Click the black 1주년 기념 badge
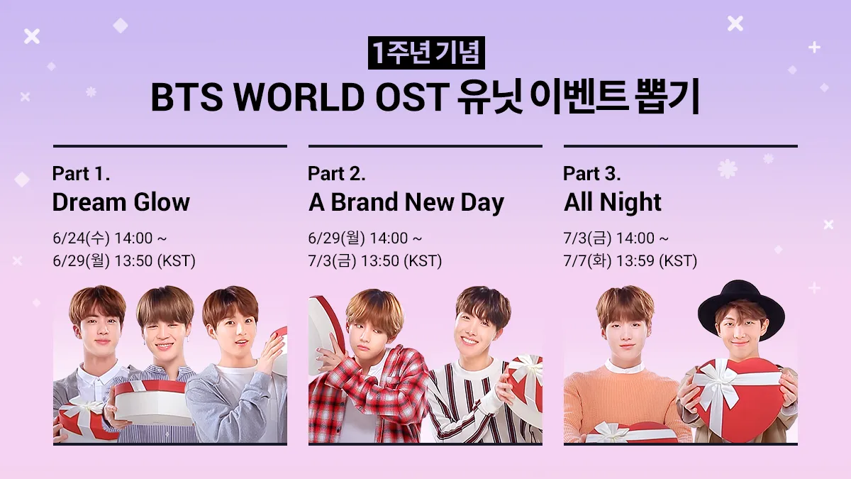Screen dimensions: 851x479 coord(426,53)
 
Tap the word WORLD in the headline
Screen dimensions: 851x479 coord(299,97)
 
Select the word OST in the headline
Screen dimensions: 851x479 coord(410,97)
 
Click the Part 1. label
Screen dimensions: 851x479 coord(81,173)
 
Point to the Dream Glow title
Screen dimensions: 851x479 coord(121,202)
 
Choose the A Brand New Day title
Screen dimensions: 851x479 coord(406,203)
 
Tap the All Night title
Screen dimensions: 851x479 coord(613,203)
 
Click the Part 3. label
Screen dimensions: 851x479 coord(592,173)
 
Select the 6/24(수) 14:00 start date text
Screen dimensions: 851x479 coord(110,238)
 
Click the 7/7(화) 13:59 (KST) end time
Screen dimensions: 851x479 coord(630,261)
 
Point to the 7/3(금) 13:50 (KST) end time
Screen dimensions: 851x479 coord(375,261)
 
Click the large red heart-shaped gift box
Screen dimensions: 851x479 coord(737,397)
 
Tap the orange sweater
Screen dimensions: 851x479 coord(627,403)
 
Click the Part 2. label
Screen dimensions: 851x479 coord(337,173)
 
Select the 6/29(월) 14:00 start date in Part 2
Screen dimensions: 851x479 coord(365,238)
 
